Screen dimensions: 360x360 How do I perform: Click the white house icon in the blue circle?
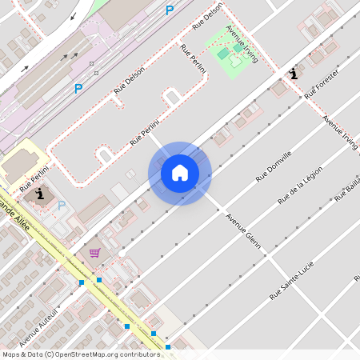coord(180,173)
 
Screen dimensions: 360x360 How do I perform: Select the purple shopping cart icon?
coord(94,253)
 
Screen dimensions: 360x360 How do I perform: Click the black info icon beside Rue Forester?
coord(294,74)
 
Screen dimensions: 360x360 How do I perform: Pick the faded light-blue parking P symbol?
coord(62,206)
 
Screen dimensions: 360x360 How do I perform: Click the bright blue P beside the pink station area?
coord(78,89)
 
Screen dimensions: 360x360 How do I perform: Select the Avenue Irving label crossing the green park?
coord(242,44)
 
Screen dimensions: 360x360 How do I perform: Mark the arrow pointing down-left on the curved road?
coord(75,16)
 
